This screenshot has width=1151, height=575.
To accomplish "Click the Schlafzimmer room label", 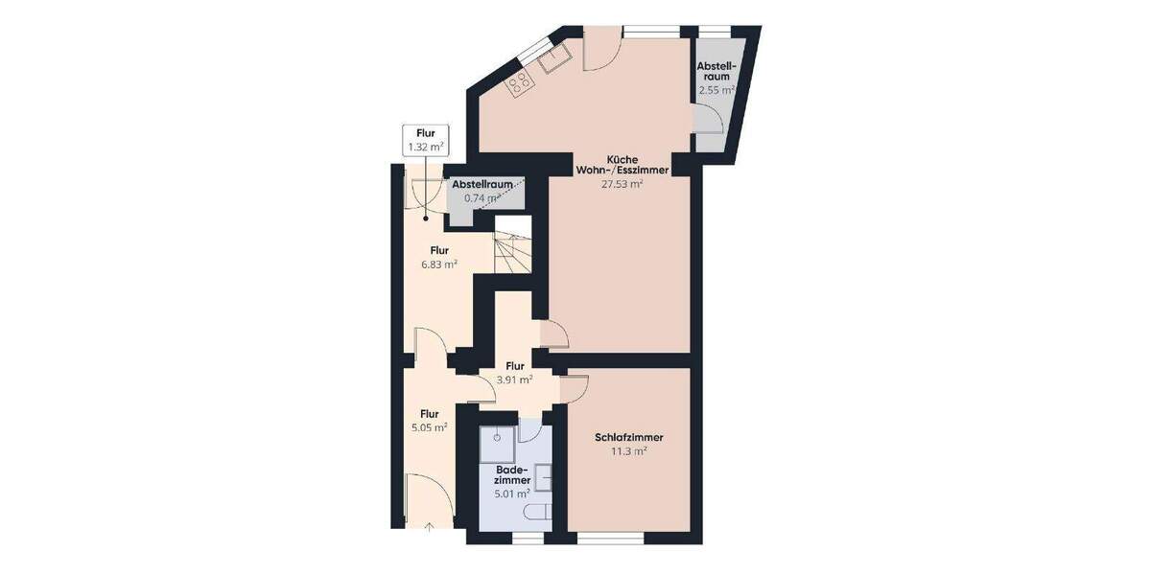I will pos(629,437).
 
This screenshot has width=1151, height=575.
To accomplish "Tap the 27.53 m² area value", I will pos(622,184).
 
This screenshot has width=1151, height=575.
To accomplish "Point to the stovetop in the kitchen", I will pos(521,83).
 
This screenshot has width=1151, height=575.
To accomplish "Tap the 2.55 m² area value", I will pos(716,89).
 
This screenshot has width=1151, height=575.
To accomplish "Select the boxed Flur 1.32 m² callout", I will pos(425,140).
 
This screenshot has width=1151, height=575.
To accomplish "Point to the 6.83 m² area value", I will pos(439,264).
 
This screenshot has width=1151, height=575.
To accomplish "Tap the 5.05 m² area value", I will pos(429,427).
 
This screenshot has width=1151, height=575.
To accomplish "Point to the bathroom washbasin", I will pos(544,476).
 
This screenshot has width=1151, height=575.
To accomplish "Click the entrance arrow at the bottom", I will pos(429,526).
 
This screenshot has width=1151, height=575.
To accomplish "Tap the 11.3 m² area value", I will pos(629,450).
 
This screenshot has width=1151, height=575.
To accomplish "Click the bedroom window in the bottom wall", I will pos(610,540).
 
